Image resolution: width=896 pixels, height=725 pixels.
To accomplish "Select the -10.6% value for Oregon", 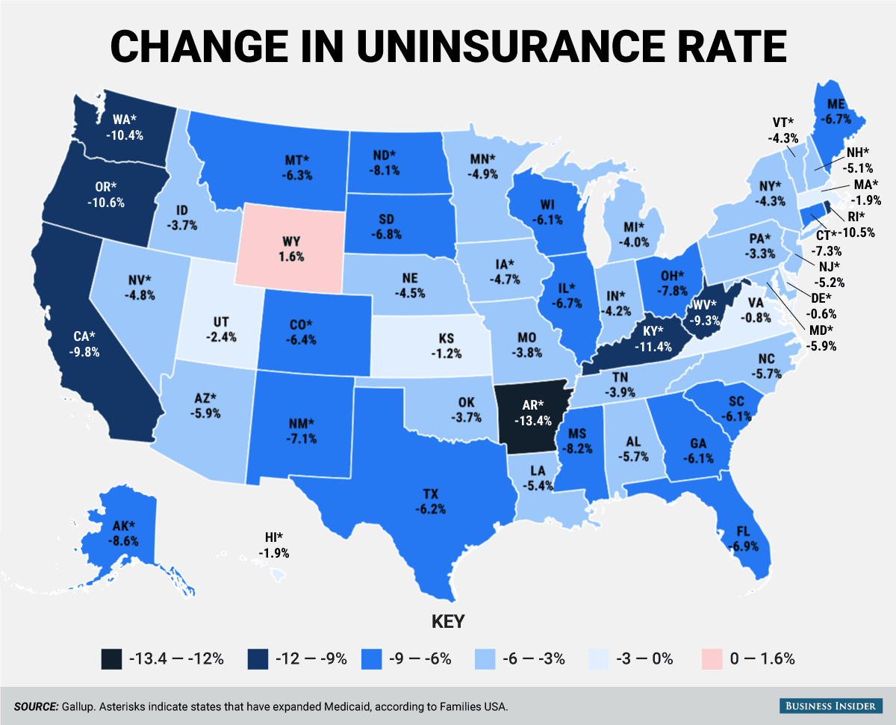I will tap(104, 202).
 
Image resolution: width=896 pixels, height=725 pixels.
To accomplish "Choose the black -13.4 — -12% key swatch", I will tap(110, 658).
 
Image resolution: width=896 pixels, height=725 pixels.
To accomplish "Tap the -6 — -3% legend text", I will tap(533, 658).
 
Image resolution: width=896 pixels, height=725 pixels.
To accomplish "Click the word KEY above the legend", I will tap(448, 622).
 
